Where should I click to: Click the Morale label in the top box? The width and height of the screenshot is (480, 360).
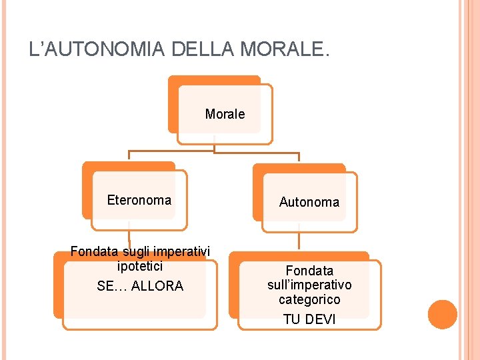pos(225,114)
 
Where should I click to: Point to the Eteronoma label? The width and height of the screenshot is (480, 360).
pos(139,200)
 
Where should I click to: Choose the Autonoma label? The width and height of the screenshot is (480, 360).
pos(309,202)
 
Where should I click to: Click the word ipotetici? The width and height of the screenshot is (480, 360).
pos(140,266)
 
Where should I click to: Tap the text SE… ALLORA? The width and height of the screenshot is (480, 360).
pos(140,286)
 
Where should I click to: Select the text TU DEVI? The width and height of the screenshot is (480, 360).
pos(309,319)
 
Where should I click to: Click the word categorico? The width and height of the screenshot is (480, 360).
pos(309,300)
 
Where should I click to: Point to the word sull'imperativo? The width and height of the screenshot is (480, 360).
pos(309,285)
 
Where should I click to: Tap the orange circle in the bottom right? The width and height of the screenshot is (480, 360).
pos(442,315)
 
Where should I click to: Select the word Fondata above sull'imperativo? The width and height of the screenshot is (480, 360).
pos(309,271)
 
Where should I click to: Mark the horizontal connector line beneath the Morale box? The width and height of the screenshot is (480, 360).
pos(213,152)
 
